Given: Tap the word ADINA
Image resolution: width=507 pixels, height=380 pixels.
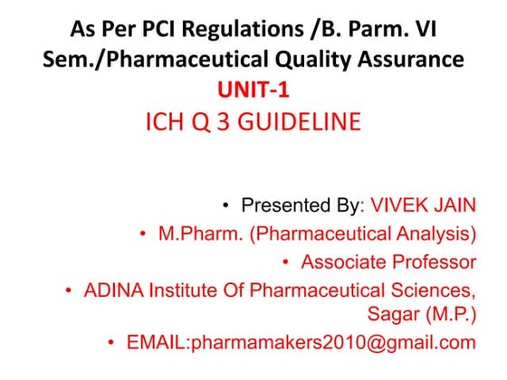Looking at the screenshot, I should [113, 290].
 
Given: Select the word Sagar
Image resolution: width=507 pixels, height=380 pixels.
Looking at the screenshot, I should [390, 314].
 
